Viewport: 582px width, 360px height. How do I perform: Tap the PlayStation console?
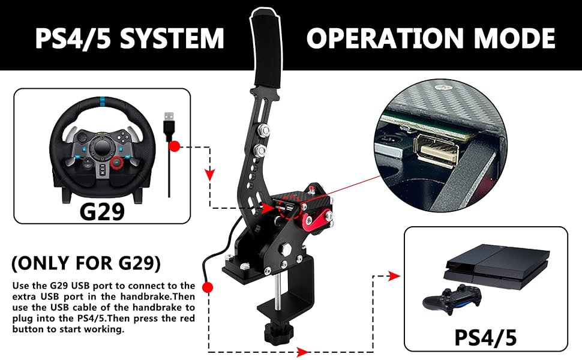(x=488, y=269)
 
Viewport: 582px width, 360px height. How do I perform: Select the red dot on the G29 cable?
(x=175, y=146)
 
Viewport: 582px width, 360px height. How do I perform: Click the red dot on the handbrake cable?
(x=208, y=288)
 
